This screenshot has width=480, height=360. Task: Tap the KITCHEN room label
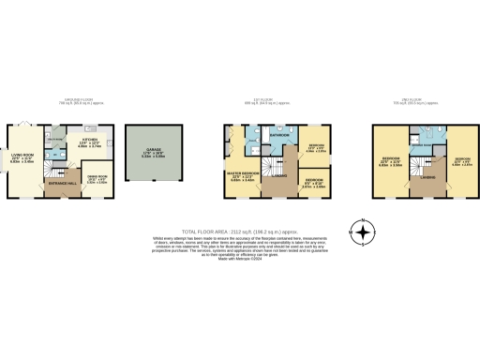88,141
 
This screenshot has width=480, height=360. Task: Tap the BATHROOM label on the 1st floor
279,135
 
